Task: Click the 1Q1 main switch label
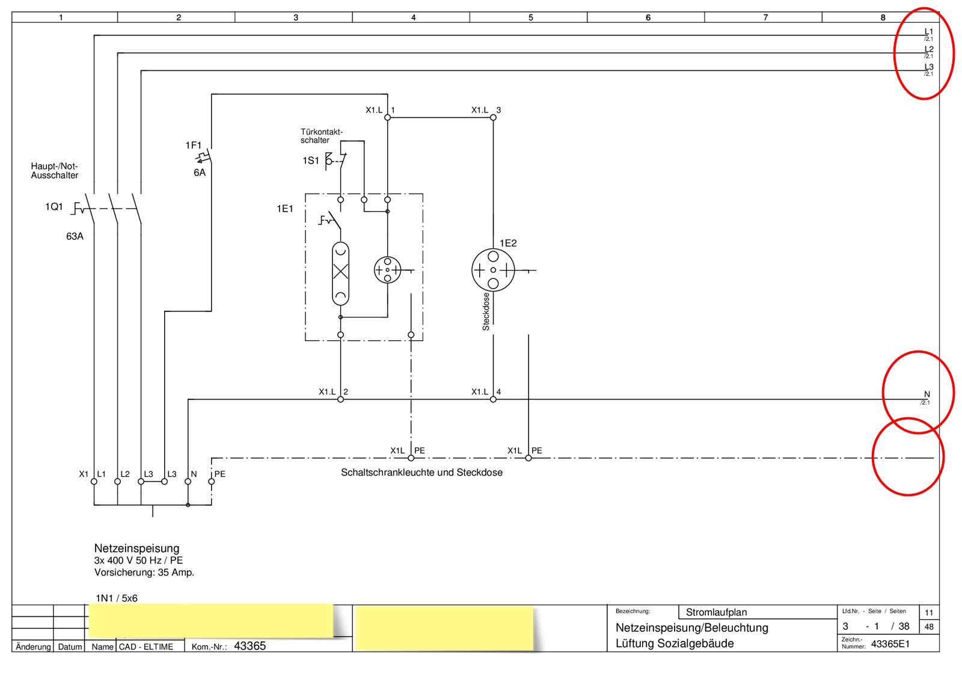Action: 54,207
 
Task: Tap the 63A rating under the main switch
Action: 75,236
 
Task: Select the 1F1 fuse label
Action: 193,145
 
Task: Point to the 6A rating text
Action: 199,173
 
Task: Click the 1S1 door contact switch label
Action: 310,161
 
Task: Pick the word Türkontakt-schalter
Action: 322,136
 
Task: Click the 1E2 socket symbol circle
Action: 493,270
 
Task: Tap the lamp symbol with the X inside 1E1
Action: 340,272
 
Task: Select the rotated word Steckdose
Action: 486,311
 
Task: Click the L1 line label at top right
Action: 928,32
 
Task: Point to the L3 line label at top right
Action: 928,67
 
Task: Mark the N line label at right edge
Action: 927,394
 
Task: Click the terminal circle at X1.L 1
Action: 387,117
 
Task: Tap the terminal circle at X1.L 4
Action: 493,399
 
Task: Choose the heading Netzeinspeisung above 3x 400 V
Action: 136,548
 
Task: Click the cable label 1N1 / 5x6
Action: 117,598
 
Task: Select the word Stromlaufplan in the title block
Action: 716,612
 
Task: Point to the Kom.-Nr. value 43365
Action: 250,646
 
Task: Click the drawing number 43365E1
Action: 890,645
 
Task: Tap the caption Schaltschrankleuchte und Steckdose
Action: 421,473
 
